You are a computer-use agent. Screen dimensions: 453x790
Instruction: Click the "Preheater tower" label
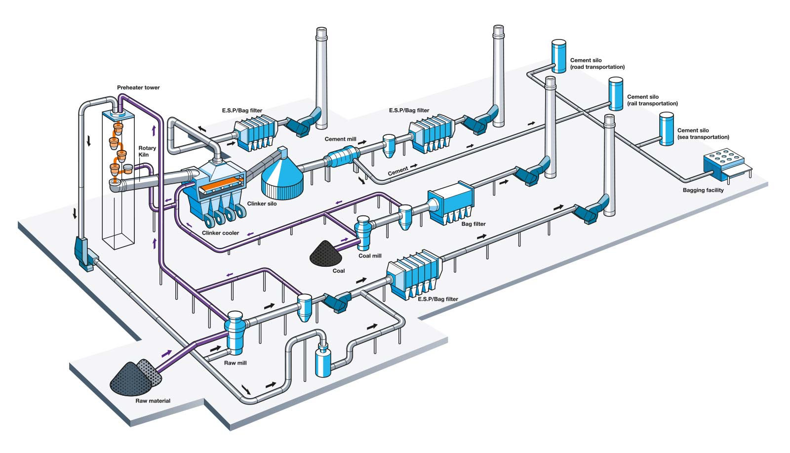pos(138,87)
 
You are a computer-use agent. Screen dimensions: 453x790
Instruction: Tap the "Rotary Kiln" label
pos(147,151)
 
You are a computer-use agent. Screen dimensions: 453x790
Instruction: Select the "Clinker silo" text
pos(262,204)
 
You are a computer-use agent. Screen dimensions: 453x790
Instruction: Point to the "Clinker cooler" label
pos(220,233)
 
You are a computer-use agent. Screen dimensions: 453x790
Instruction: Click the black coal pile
pos(326,253)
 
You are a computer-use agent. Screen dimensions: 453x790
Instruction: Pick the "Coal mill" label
pos(370,256)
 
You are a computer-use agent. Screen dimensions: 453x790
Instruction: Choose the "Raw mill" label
pos(235,363)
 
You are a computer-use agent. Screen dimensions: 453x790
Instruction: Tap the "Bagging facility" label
pos(703,190)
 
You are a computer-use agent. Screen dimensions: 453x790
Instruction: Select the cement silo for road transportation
pos(558,56)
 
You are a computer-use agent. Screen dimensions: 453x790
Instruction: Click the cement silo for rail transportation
pos(615,94)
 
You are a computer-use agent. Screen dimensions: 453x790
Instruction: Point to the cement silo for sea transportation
pos(667,129)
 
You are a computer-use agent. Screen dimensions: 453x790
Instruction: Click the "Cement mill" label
pos(340,139)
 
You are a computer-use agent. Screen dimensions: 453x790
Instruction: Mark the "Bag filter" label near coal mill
pos(474,224)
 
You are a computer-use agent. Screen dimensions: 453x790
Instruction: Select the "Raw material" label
pos(153,401)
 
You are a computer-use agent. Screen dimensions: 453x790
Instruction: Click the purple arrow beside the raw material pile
pos(166,353)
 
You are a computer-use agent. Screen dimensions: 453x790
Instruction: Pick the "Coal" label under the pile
pos(339,271)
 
